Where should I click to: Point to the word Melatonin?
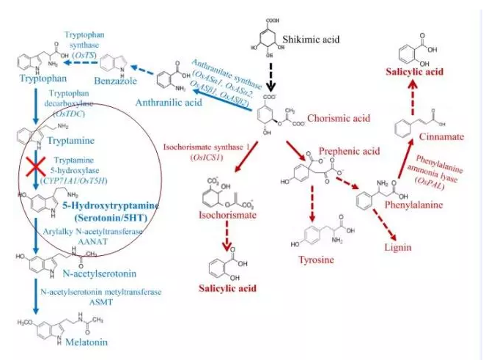click(x=77, y=342)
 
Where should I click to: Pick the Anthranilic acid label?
click(x=173, y=103)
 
